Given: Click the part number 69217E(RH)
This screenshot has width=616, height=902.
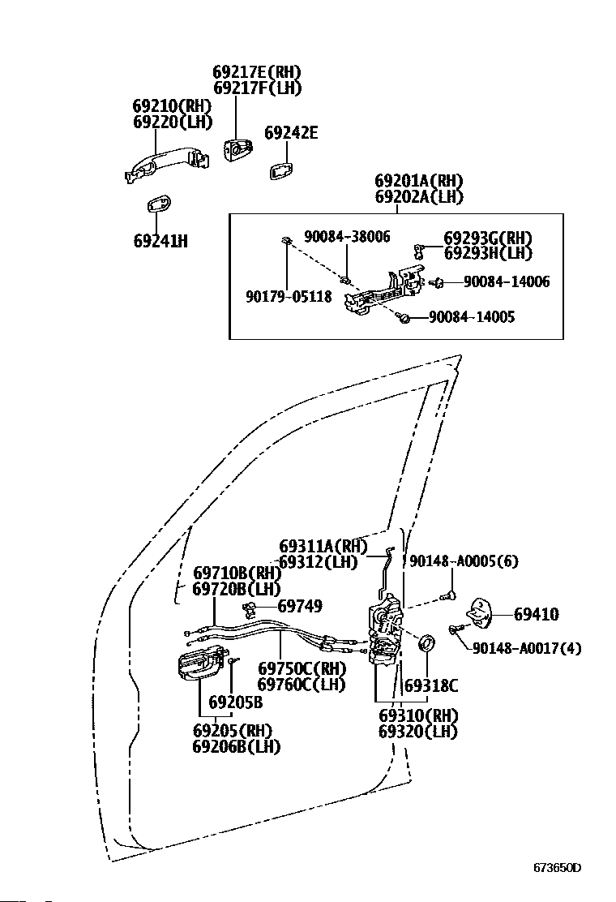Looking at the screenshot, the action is tap(257, 72).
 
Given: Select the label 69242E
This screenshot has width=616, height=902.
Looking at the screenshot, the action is tap(291, 133).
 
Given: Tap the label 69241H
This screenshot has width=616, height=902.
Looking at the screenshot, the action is tap(160, 241).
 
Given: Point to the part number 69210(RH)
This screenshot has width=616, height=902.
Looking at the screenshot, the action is tap(173, 105).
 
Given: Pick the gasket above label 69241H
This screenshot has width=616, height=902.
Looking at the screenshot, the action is tap(158, 204).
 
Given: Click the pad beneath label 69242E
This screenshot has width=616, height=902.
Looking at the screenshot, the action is tap(281, 170).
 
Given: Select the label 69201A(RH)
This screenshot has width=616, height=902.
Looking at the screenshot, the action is tap(419, 181).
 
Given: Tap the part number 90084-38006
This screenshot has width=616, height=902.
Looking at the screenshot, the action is tap(347, 236).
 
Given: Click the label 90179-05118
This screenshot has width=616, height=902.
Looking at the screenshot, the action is tap(289, 296).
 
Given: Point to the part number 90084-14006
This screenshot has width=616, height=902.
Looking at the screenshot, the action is tap(507, 281).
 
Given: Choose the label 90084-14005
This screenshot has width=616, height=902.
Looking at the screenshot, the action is tap(472, 317).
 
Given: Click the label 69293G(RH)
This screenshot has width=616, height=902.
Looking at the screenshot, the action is tap(488, 238).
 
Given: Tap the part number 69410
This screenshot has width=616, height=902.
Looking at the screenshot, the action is tap(536, 614).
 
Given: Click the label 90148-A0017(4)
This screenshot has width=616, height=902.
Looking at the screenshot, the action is tap(527, 648).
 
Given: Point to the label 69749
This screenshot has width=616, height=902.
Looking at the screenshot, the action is tap(300, 606).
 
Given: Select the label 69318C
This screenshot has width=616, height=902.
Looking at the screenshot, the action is tap(431, 685).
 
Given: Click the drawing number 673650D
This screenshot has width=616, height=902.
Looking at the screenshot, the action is tap(558, 867).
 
